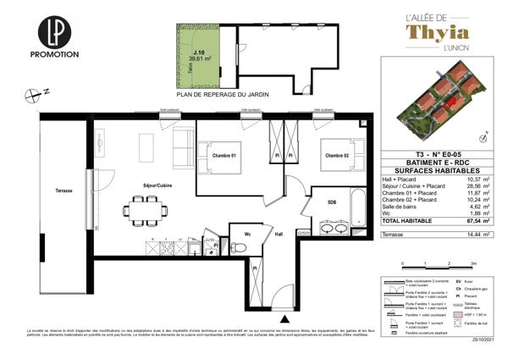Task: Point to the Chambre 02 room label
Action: tap(334, 155)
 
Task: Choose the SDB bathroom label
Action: tap(332, 202)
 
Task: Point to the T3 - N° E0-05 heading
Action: tap(425, 154)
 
